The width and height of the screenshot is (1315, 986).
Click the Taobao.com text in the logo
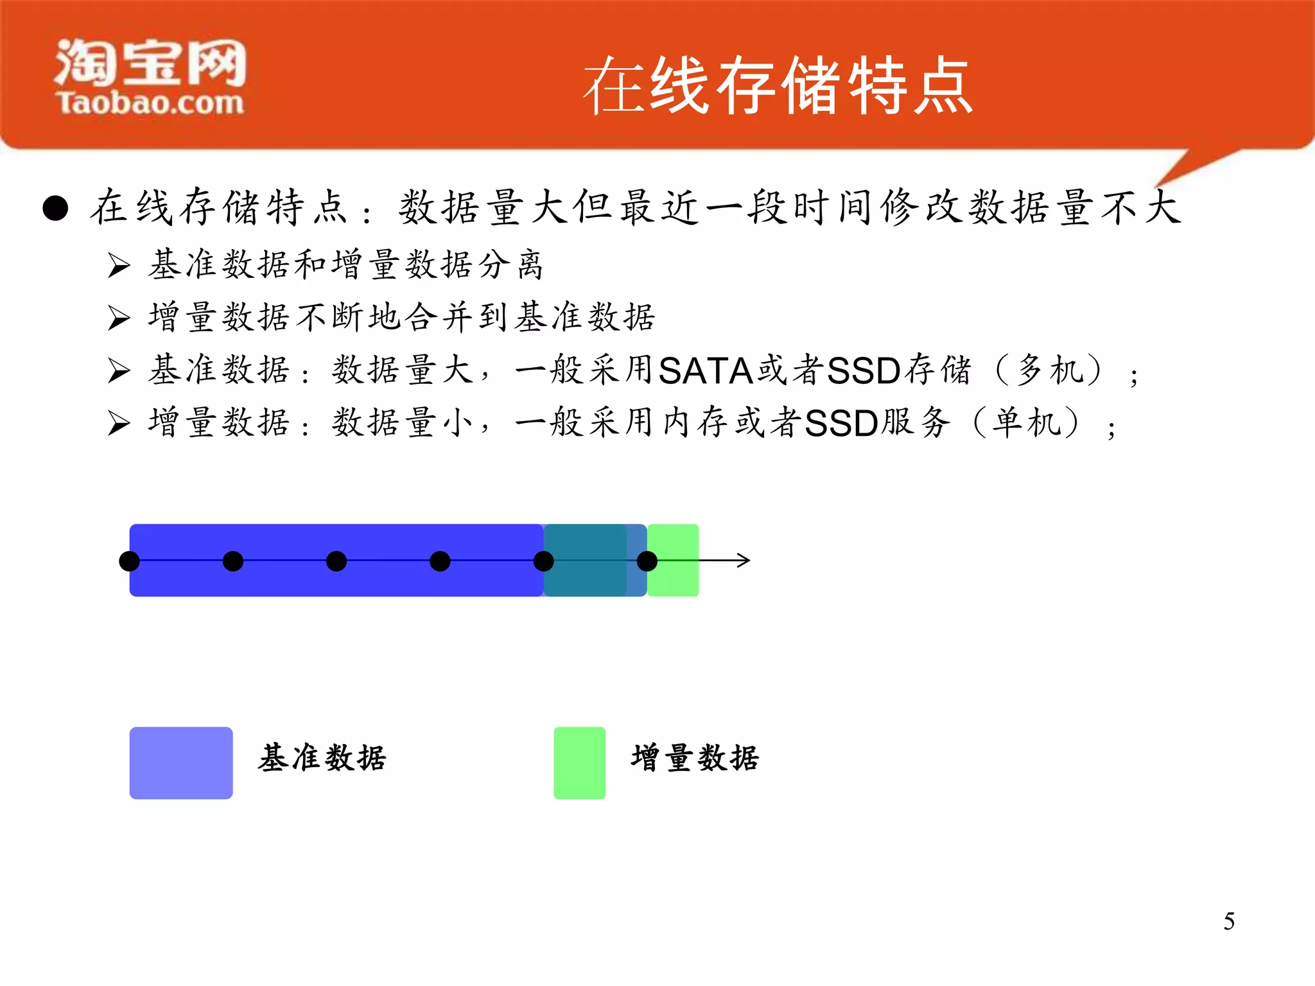(x=150, y=103)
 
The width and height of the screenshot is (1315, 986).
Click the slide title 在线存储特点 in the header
(x=778, y=85)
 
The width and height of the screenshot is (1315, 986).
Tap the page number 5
(x=1228, y=921)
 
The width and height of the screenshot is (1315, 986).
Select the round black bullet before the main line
(x=56, y=208)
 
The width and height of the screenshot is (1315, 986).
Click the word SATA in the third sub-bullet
(x=705, y=371)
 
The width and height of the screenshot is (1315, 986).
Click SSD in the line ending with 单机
(x=841, y=424)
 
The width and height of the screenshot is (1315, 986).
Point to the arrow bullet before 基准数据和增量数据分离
(x=119, y=265)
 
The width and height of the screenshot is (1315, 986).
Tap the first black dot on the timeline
(x=130, y=561)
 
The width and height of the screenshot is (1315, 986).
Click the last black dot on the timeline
(x=647, y=561)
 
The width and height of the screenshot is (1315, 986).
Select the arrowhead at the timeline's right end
(x=744, y=560)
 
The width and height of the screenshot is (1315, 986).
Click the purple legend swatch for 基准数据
(x=181, y=763)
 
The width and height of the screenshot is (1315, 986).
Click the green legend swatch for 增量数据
(x=579, y=763)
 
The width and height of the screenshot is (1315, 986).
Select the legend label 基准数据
(x=322, y=758)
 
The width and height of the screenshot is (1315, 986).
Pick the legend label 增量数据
(x=695, y=758)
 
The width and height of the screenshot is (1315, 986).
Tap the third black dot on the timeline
(x=336, y=561)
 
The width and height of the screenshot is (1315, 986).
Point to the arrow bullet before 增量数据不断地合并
(x=119, y=318)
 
